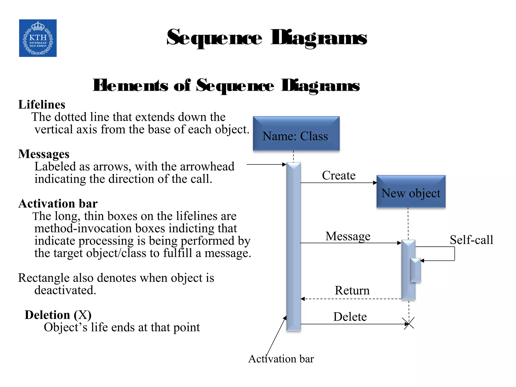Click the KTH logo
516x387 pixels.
[38, 38]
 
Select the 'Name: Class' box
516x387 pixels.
[296, 134]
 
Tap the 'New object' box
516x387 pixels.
[411, 192]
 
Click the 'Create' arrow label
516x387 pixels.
[338, 175]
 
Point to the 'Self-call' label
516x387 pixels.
[471, 240]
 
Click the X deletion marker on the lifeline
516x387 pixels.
[409, 323]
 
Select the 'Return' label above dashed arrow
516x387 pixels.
[352, 291]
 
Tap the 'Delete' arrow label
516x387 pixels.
[350, 317]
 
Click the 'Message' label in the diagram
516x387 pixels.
[348, 236]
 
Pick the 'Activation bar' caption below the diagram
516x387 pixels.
[281, 359]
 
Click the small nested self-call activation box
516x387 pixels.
[415, 270]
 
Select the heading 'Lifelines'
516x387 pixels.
[42, 105]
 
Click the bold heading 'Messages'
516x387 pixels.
[44, 154]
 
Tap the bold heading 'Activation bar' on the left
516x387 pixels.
[58, 204]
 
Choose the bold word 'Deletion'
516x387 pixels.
[47, 315]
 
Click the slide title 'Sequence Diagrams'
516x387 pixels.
[267, 38]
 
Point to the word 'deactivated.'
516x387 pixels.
[65, 290]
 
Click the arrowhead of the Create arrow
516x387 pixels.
[375, 183]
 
